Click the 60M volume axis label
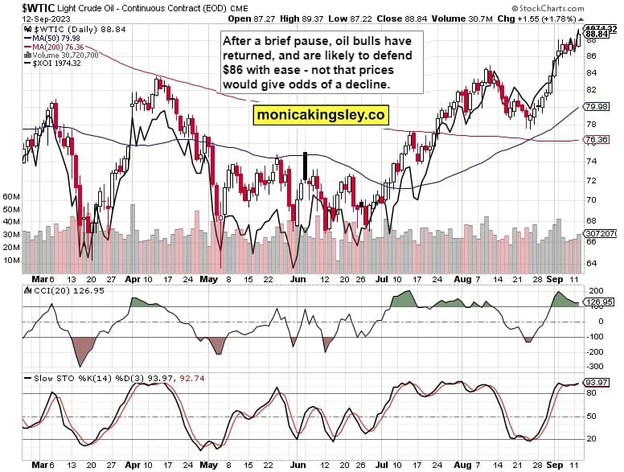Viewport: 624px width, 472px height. (12, 195)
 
